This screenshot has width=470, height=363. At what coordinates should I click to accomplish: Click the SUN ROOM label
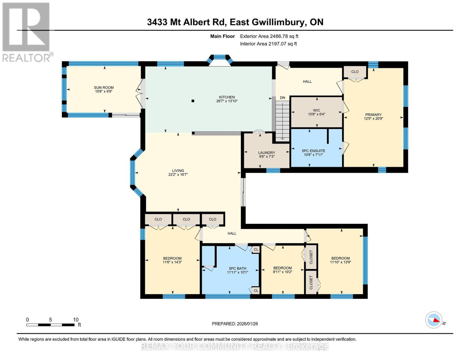[x=104, y=87]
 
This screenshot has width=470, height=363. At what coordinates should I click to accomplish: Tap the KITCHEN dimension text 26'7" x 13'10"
[x=227, y=101]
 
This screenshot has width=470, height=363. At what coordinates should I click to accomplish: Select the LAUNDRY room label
[x=267, y=153]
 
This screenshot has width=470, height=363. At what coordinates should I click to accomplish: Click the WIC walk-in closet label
[x=317, y=110]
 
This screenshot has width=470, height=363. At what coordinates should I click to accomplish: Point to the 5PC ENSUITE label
[x=314, y=151]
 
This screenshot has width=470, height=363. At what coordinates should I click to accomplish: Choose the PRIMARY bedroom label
[x=373, y=115]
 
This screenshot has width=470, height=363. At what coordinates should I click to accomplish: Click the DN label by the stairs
[x=282, y=98]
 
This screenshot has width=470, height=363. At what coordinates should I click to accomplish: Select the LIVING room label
[x=178, y=171]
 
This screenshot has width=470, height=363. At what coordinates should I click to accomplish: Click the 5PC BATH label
[x=238, y=268]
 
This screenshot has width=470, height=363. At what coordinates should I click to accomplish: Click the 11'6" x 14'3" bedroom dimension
[x=172, y=262]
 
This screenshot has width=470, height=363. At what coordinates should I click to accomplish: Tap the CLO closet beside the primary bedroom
[x=355, y=72]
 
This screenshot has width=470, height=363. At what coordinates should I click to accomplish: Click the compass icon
[x=434, y=320]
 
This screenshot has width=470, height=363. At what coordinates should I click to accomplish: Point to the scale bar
[x=51, y=325]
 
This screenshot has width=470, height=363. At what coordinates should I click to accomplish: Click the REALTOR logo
[x=26, y=32]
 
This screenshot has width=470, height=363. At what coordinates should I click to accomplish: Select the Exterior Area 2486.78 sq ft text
[x=269, y=36]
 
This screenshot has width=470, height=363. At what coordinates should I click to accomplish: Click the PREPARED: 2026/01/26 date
[x=235, y=324]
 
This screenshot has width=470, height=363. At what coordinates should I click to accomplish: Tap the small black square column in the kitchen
[x=193, y=101]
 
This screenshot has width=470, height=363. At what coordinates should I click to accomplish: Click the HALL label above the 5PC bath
[x=232, y=233]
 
